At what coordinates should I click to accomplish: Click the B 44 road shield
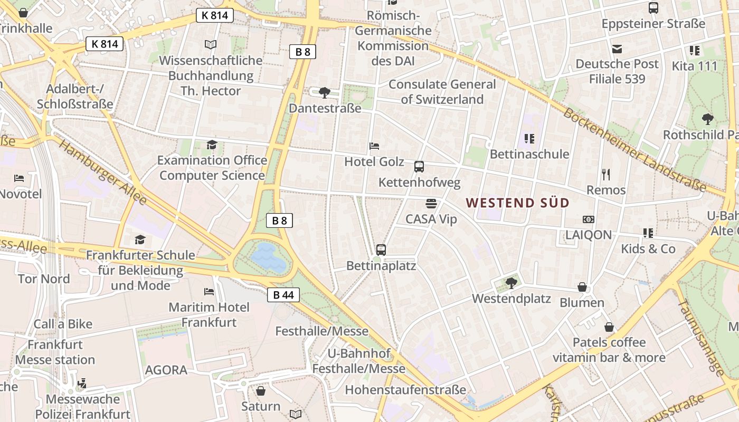283,295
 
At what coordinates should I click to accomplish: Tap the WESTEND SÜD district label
518,203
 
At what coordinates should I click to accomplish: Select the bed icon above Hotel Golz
374,146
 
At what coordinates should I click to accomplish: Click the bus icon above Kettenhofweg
419,167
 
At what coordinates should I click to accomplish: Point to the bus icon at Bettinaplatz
381,250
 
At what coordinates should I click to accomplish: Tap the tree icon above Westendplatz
511,283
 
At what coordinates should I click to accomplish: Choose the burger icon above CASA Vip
431,204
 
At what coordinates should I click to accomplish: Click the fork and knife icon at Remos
606,174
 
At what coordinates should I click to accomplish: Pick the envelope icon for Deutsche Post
617,49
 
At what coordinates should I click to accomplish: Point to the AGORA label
166,370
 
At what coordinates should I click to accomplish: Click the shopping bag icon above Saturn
261,391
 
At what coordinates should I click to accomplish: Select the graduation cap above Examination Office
212,145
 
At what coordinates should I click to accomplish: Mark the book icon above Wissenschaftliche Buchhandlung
211,45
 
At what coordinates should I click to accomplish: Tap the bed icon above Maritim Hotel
209,291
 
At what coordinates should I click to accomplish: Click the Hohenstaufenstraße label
405,390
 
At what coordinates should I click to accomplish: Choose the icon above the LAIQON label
589,219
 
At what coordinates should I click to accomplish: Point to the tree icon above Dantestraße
325,93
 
